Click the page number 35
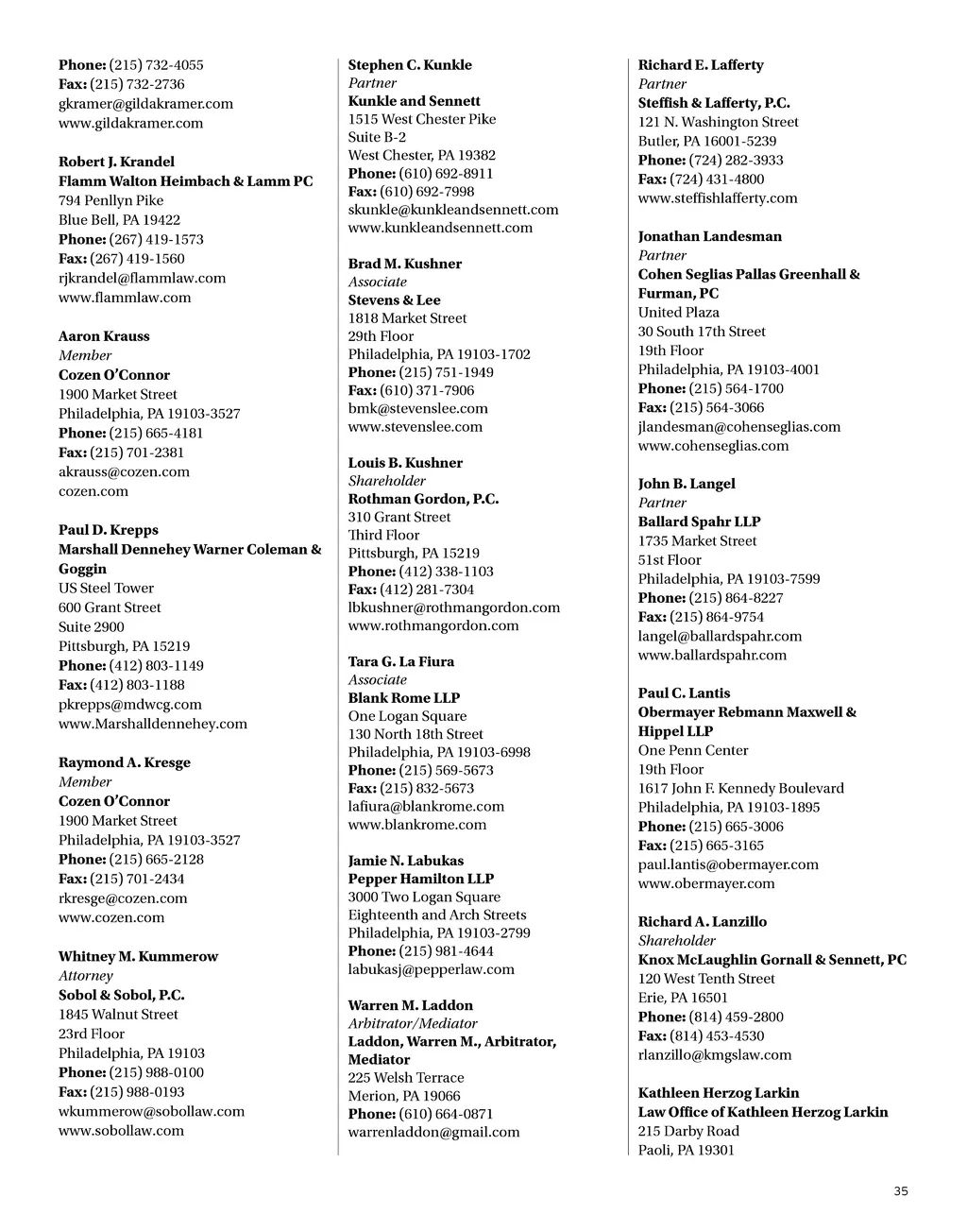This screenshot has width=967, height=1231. (x=900, y=1191)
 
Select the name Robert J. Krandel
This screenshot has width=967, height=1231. (x=116, y=162)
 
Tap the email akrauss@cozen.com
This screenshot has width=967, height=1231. (x=124, y=471)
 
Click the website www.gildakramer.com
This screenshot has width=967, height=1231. (x=130, y=123)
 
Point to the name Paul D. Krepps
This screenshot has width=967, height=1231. (x=109, y=530)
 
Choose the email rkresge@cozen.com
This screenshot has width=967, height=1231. (x=123, y=898)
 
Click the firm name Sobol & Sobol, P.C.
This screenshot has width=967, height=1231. (x=121, y=995)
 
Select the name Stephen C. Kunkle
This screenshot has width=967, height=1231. (x=410, y=65)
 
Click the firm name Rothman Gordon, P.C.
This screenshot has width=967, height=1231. (x=423, y=499)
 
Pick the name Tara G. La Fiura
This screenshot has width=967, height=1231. (x=400, y=661)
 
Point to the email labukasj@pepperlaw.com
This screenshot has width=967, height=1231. (x=431, y=969)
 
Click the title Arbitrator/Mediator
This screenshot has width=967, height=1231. (x=413, y=1023)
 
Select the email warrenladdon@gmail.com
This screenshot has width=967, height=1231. (x=433, y=1132)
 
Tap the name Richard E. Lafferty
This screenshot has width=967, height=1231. (x=701, y=65)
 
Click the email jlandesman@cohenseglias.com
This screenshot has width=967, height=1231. (x=738, y=427)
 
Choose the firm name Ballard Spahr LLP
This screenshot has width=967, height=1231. (x=699, y=521)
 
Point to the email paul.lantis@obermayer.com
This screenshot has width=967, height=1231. (x=728, y=864)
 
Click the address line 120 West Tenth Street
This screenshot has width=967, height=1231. (x=706, y=979)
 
